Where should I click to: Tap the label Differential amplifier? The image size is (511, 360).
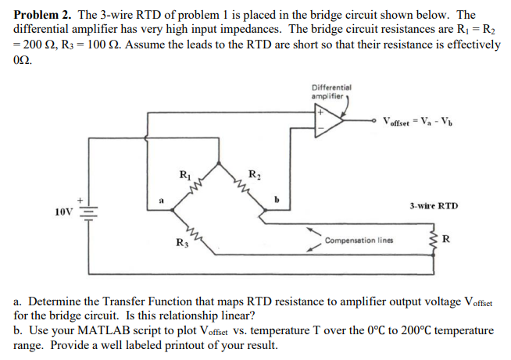(331, 91)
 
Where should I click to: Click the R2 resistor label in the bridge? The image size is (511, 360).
(254, 173)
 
